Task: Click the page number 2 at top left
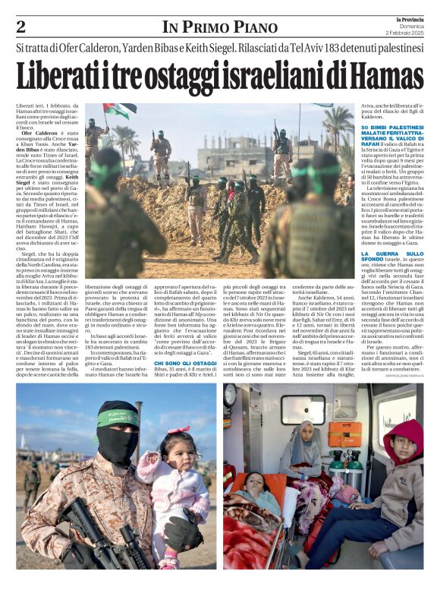(21, 27)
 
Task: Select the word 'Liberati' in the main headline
(63, 75)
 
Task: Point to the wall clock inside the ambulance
(230, 394)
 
